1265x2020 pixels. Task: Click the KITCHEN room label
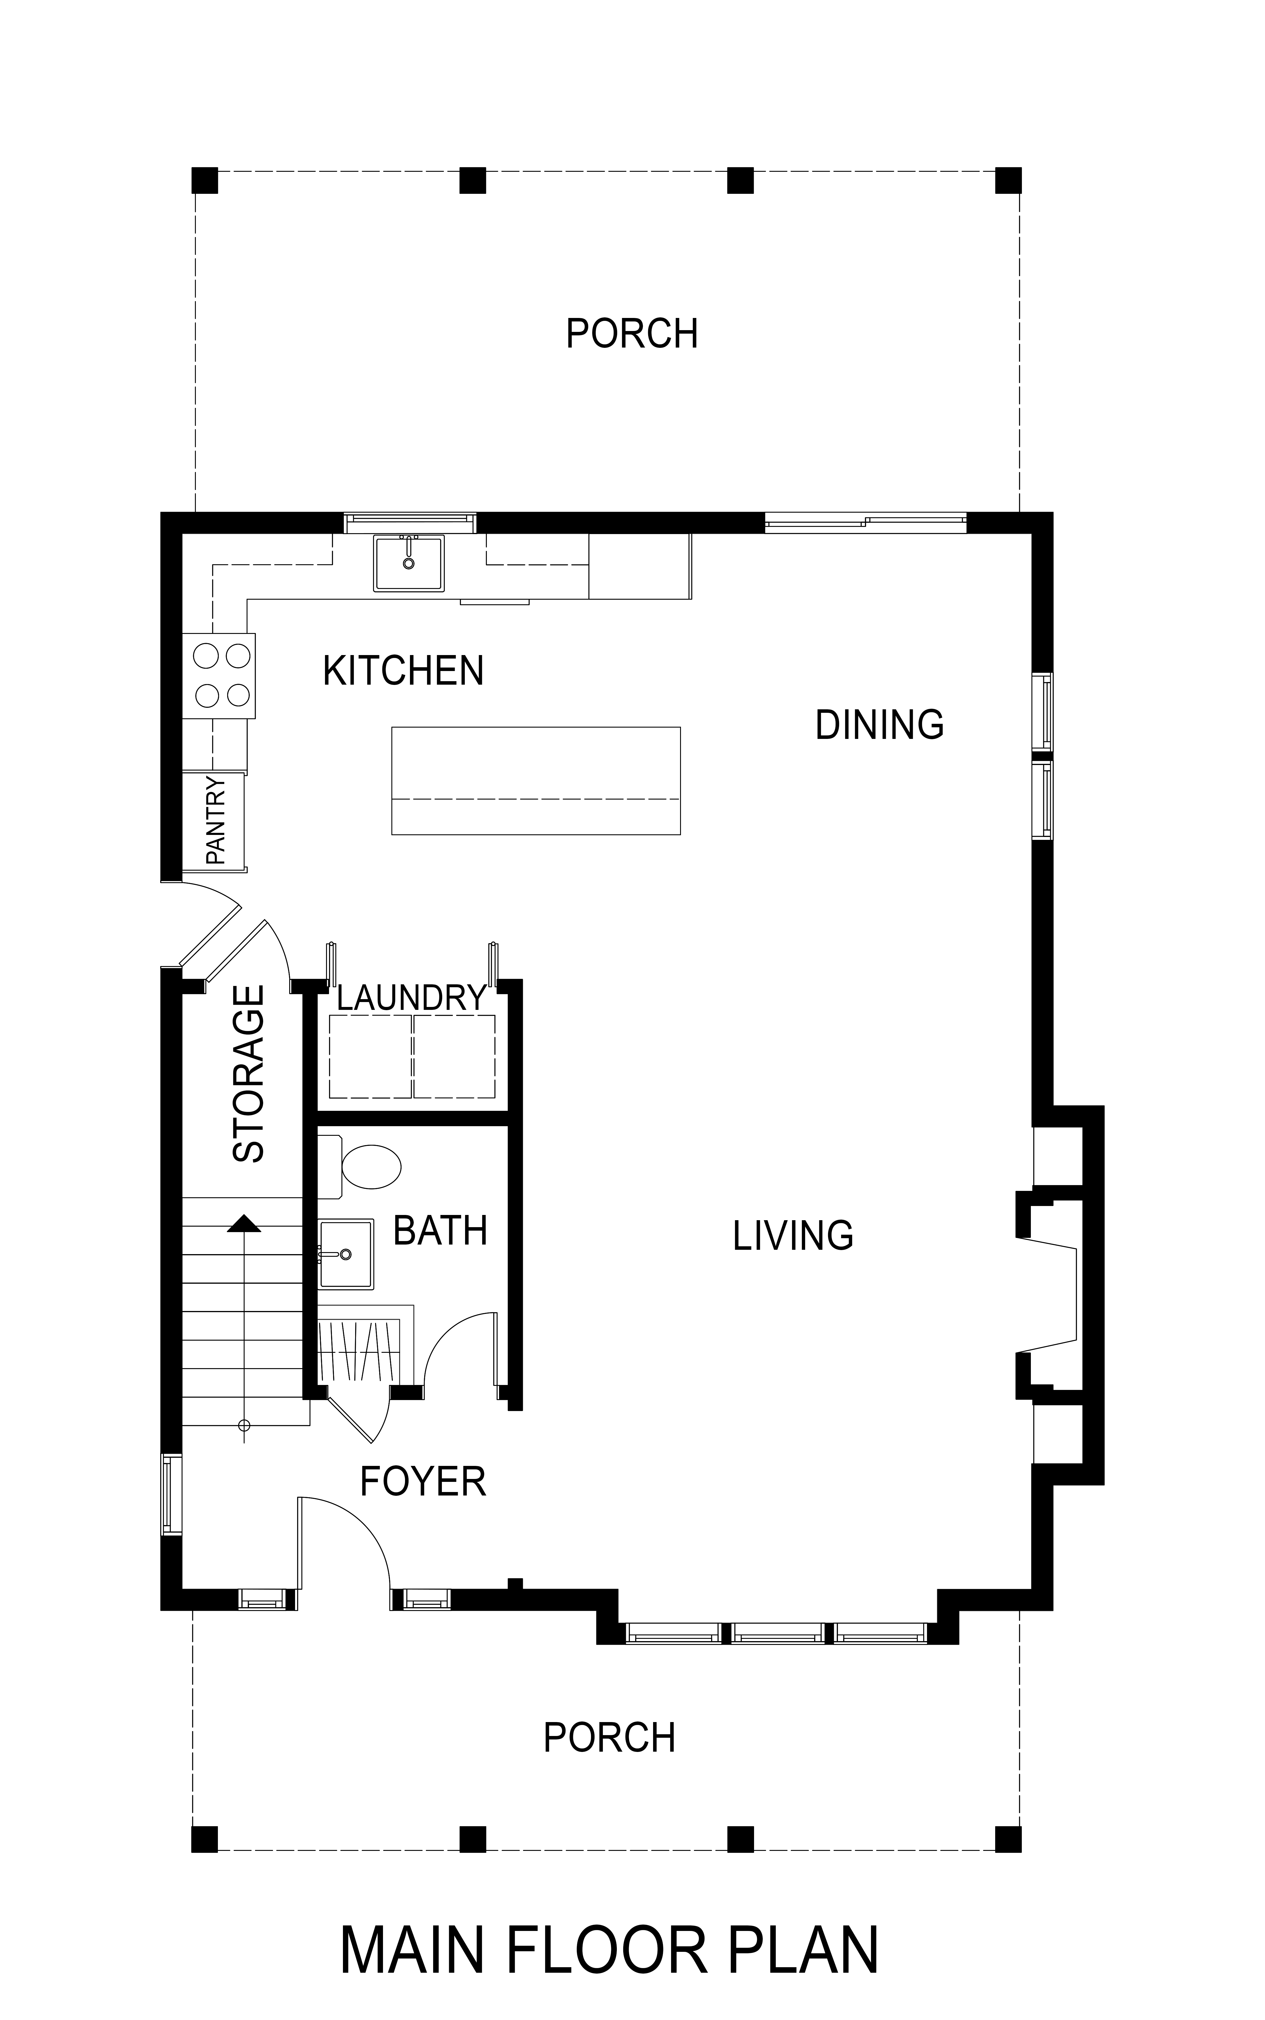click(403, 671)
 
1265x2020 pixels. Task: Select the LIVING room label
click(793, 1236)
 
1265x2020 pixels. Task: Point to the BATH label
click(440, 1230)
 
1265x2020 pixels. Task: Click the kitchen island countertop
click(536, 780)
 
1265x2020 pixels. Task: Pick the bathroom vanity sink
click(346, 1254)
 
